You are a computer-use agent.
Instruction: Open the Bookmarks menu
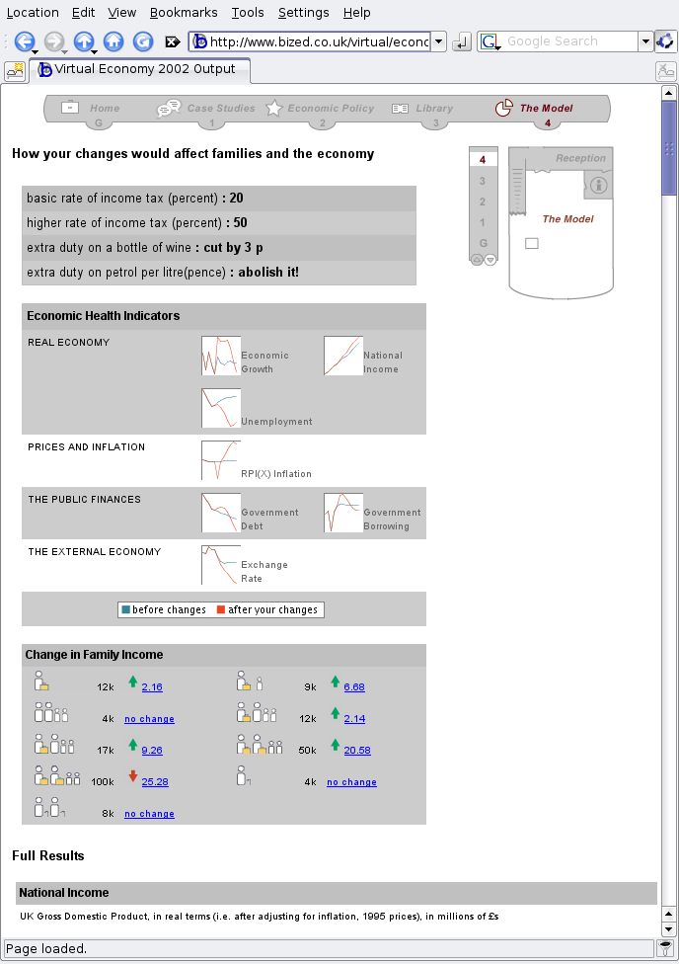pos(183,12)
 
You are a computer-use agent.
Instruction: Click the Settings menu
pos(303,12)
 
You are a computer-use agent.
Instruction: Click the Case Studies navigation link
pos(220,109)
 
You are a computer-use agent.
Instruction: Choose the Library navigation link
pos(434,109)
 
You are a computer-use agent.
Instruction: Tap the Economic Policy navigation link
pos(331,109)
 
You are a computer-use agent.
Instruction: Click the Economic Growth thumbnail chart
pos(221,356)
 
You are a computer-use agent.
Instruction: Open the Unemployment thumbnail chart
pos(221,408)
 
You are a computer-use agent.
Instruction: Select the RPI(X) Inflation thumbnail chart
pos(221,460)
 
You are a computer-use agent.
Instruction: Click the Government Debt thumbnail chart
pos(221,513)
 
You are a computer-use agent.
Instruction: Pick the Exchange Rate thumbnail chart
pos(221,565)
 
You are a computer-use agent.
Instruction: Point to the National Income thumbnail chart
pos(343,356)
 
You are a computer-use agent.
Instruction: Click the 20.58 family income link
pos(357,751)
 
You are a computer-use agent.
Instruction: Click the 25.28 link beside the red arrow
pos(155,782)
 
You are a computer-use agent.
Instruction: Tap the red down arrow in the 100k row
pos(133,777)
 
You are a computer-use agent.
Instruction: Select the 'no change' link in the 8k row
pos(149,814)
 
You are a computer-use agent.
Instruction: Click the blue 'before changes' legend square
pos(126,609)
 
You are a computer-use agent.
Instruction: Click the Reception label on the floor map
pos(580,158)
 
